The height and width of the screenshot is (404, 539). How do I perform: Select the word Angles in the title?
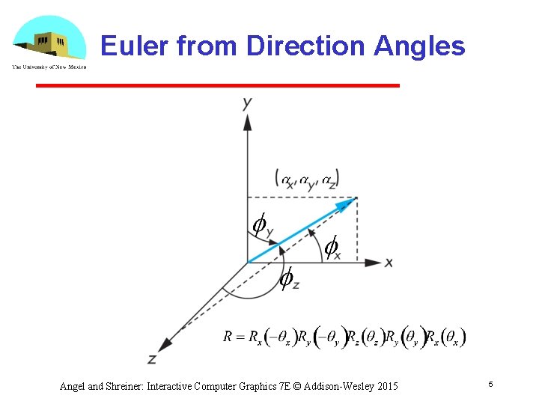[x=419, y=46]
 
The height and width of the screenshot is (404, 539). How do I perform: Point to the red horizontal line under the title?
[x=217, y=86]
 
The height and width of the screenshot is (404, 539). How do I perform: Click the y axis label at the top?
[x=247, y=103]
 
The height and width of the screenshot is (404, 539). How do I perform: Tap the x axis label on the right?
[x=389, y=263]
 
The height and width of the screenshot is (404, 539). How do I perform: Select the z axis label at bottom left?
[x=152, y=359]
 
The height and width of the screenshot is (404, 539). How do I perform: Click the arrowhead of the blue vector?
[x=346, y=203]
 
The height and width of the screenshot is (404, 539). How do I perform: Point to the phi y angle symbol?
[x=262, y=225]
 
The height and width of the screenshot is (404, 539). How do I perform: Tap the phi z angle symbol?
[x=288, y=280]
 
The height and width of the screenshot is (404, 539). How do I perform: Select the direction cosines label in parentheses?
[x=307, y=179]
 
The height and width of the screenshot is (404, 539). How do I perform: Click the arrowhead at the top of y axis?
[x=247, y=121]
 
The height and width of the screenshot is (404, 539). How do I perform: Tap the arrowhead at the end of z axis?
[x=168, y=342]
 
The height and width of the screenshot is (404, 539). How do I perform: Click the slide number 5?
[x=490, y=384]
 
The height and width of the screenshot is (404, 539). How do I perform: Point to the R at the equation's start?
[x=228, y=337]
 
